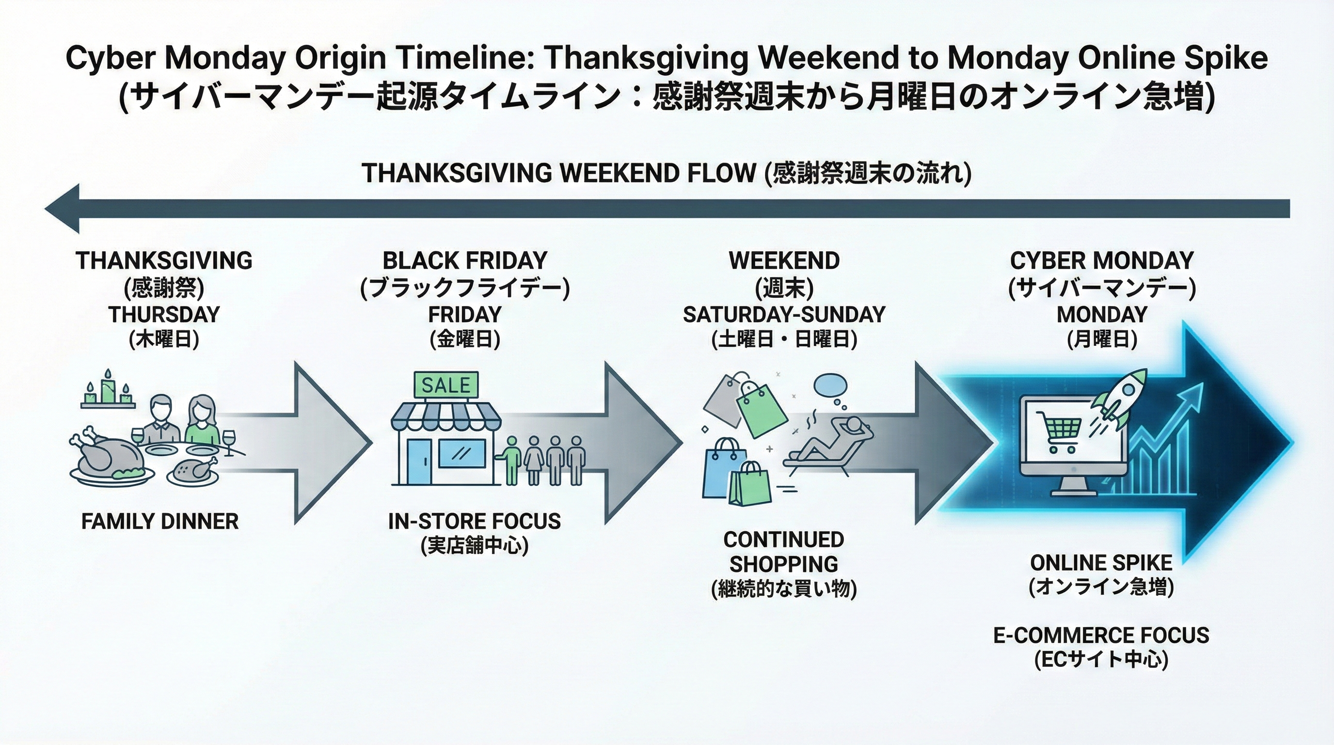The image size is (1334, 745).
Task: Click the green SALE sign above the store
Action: click(x=446, y=385)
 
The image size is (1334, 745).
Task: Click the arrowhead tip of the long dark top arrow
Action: click(x=46, y=209)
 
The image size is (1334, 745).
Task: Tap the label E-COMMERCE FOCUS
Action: click(x=1101, y=635)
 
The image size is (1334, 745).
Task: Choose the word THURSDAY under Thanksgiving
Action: click(x=164, y=314)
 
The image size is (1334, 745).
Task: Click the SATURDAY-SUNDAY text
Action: click(x=784, y=314)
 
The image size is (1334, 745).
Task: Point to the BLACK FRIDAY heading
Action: click(x=464, y=260)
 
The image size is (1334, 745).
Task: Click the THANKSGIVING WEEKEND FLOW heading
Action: click(x=558, y=173)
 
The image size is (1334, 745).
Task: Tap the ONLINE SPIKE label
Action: click(x=1101, y=563)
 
